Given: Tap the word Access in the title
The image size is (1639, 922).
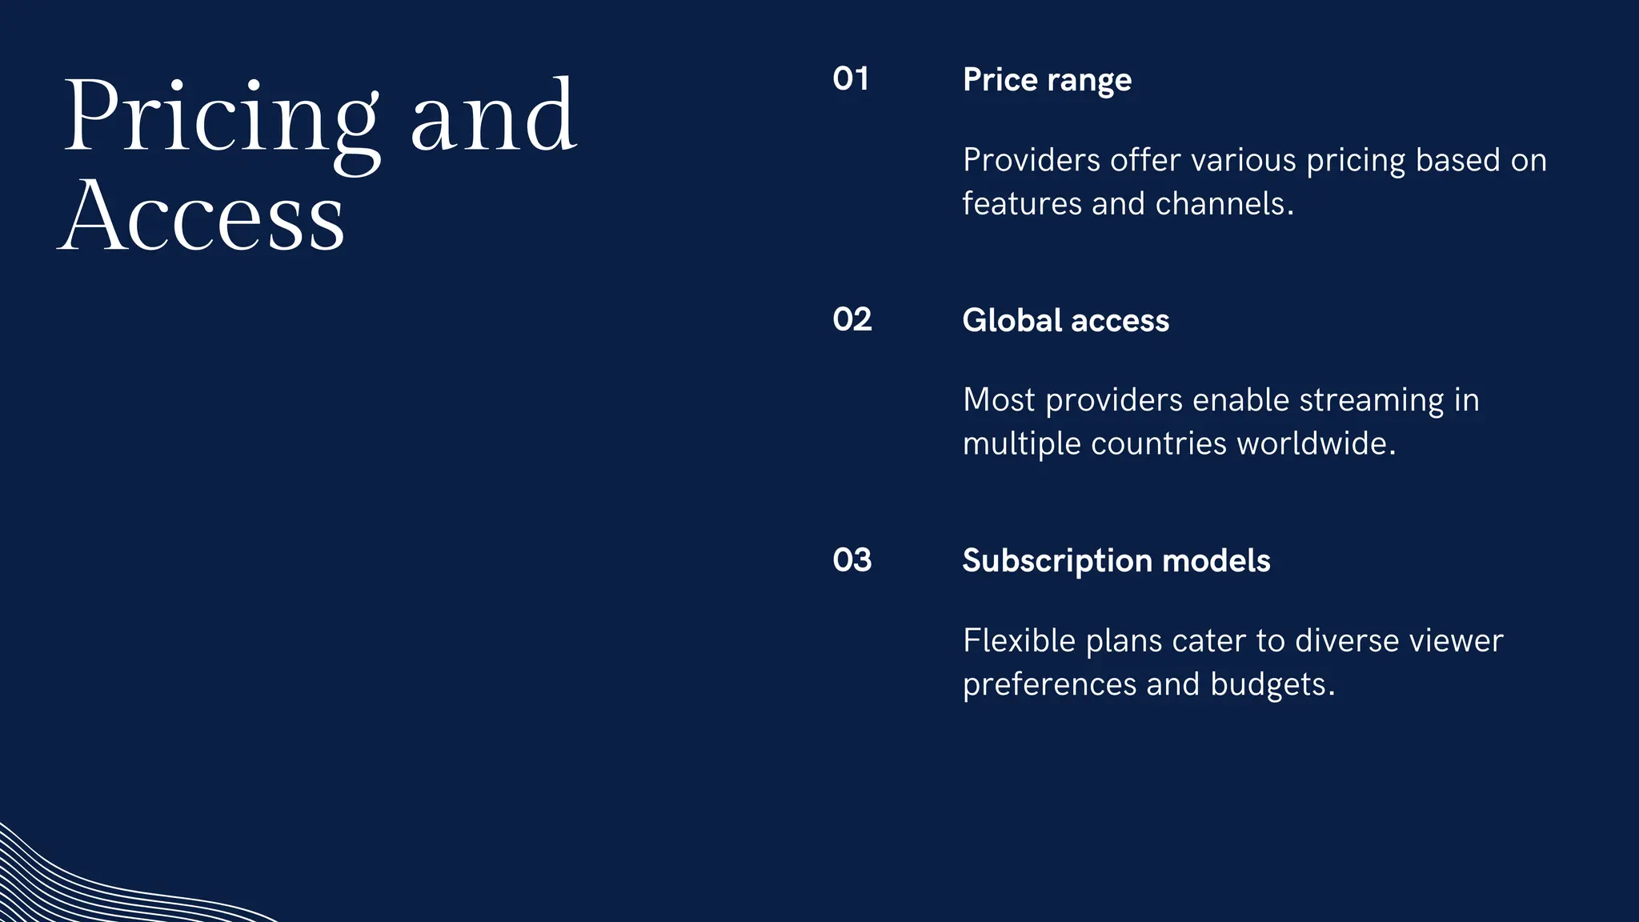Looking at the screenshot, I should pyautogui.click(x=202, y=216).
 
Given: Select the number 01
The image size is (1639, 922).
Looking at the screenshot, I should pyautogui.click(x=851, y=79).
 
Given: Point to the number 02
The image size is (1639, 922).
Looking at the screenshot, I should pyautogui.click(x=852, y=319).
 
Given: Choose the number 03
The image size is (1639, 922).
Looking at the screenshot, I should pyautogui.click(x=852, y=560).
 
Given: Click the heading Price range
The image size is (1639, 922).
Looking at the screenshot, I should pyautogui.click(x=1047, y=80).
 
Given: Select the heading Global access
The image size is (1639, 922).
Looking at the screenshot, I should pyautogui.click(x=1065, y=320).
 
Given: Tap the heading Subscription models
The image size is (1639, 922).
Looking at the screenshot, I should pyautogui.click(x=1116, y=560).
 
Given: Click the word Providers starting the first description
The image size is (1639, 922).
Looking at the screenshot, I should pyautogui.click(x=1032, y=160).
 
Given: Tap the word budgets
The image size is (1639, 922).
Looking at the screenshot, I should pyautogui.click(x=1272, y=684).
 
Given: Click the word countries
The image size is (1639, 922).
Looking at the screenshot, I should pyautogui.click(x=1158, y=443).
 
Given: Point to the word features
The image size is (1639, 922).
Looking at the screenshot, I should pyautogui.click(x=1022, y=203).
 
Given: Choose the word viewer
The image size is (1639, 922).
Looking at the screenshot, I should pyautogui.click(x=1456, y=640).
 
